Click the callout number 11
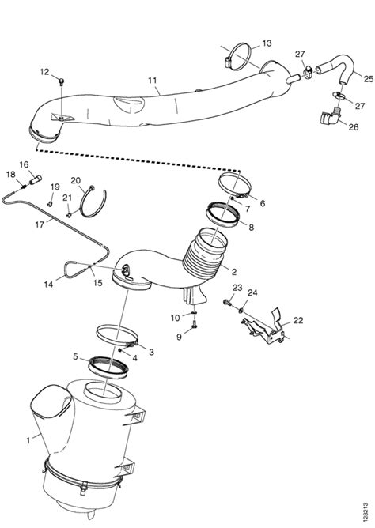[152, 81]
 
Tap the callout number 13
[267, 43]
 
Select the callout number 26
[354, 127]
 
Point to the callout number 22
[297, 320]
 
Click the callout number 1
[28, 440]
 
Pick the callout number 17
[40, 224]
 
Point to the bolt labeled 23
[227, 302]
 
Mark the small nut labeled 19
[50, 203]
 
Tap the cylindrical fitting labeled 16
[36, 179]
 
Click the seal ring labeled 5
[108, 368]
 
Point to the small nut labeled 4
[120, 350]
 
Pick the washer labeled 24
[241, 310]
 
